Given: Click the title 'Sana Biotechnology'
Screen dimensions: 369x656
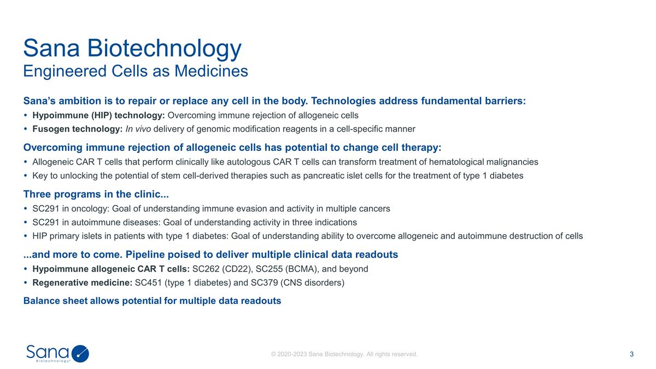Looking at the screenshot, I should (x=132, y=48).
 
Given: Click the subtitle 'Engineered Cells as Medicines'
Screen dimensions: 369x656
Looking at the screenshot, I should (x=136, y=71).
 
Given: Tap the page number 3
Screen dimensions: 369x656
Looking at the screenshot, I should (x=631, y=354).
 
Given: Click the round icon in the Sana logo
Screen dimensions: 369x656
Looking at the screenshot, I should (x=80, y=354).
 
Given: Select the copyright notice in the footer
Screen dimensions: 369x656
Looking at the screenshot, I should (x=344, y=354).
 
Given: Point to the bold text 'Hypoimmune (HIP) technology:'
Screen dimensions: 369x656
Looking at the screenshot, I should (x=98, y=115).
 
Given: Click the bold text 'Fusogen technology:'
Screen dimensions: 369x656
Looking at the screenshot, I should (x=77, y=129).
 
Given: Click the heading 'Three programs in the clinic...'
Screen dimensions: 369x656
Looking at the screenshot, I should (x=96, y=194).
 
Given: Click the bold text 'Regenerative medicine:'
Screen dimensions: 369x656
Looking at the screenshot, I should (x=82, y=283).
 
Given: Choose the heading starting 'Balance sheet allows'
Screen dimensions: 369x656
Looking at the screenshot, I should (x=152, y=301).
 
